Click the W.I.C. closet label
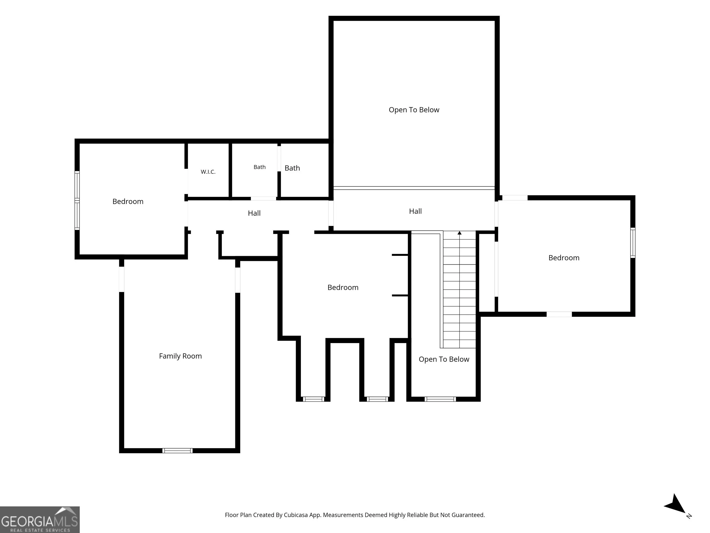pos(208,172)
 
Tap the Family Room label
pos(180,356)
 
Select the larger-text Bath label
pos(292,168)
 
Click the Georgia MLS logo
pos(40,520)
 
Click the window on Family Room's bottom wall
pos(177,450)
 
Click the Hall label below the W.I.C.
pos(254,213)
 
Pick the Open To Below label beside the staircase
pos(444,359)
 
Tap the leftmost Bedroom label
pos(128,201)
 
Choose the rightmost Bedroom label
pos(564,258)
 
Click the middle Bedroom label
pos(343,288)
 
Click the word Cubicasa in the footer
pos(296,515)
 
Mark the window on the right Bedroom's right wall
pos(633,243)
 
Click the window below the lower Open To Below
pos(440,399)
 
